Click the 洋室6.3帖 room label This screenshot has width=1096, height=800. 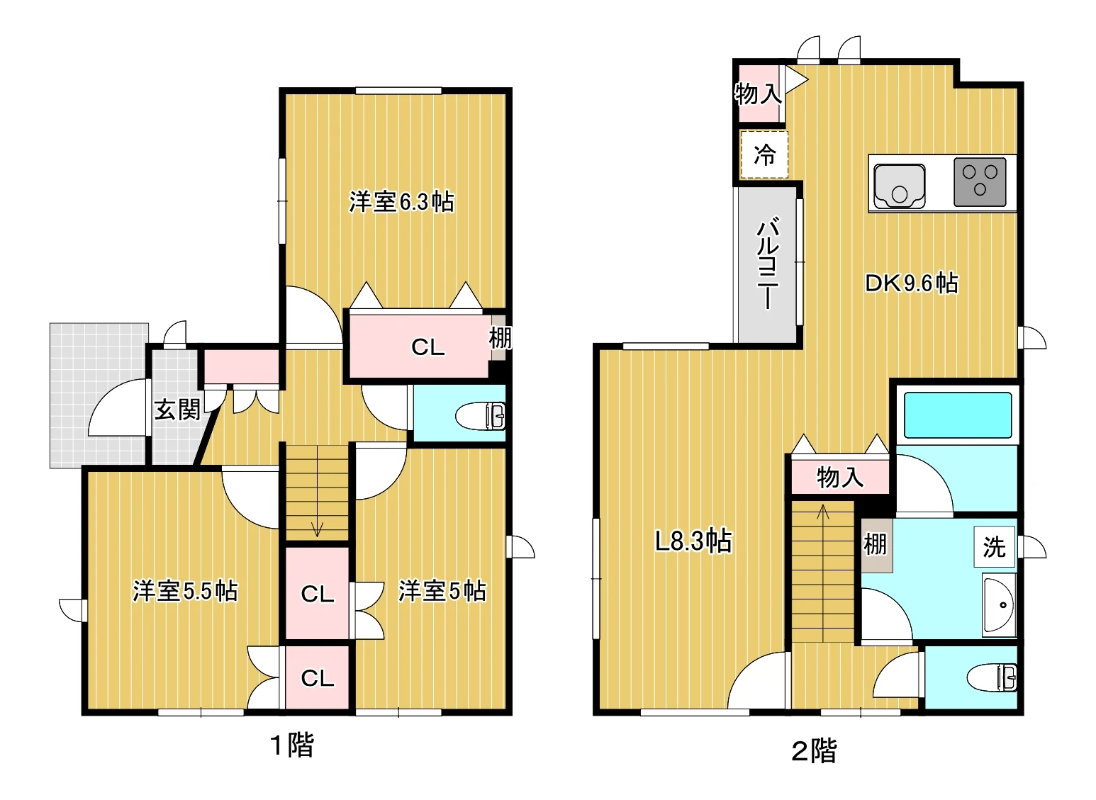click(x=401, y=201)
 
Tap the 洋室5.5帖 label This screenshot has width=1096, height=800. click(x=185, y=591)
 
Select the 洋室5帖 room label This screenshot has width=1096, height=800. click(x=442, y=591)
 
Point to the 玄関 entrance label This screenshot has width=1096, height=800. click(x=177, y=410)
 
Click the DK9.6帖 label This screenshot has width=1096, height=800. click(x=912, y=283)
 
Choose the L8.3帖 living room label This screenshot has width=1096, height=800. click(x=693, y=541)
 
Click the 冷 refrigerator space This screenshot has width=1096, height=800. click(x=764, y=154)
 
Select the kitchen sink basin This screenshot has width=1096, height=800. click(x=900, y=186)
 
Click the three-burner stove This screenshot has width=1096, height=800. click(x=980, y=182)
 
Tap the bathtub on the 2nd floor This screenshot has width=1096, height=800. click(x=958, y=415)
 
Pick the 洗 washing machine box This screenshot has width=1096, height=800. click(x=994, y=547)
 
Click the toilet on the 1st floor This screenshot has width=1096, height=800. click(x=481, y=416)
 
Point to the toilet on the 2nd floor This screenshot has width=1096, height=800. click(x=992, y=677)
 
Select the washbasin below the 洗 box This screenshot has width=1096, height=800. click(x=999, y=605)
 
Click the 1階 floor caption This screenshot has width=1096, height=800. click(x=292, y=745)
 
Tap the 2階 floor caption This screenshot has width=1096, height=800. click(x=815, y=750)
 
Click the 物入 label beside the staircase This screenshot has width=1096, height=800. click(x=840, y=477)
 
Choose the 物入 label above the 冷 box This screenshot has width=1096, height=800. click(x=758, y=94)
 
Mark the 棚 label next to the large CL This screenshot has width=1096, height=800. click(x=500, y=338)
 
